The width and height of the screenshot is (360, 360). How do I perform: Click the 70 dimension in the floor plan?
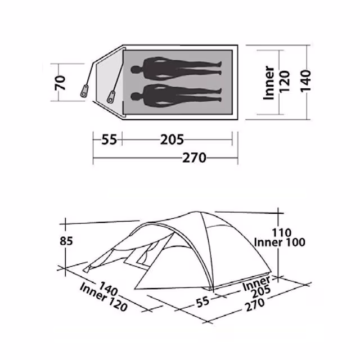[x=60, y=83]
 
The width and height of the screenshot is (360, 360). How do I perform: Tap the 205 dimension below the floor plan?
[x=172, y=139]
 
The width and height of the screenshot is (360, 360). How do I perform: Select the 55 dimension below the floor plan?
[x=109, y=139]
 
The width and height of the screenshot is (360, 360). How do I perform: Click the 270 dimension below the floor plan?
[x=194, y=157]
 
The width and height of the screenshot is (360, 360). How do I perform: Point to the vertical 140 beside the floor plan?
[x=305, y=81]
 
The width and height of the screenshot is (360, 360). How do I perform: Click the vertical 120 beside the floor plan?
[x=284, y=82]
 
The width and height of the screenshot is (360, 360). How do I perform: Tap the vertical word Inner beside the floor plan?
[x=269, y=83]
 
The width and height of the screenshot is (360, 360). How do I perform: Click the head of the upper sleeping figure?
[x=136, y=70]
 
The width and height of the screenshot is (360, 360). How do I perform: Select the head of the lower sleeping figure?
[x=136, y=96]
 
